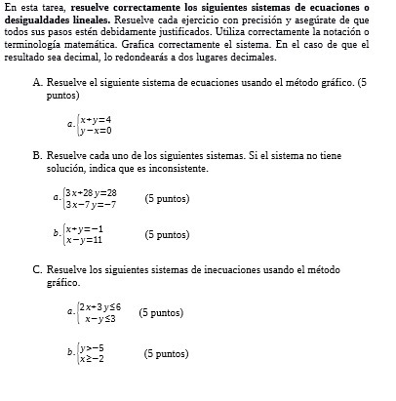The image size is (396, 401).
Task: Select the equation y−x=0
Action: (x=96, y=129)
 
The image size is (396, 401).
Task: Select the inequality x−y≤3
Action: (x=100, y=318)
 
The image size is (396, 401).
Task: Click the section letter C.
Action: (x=37, y=269)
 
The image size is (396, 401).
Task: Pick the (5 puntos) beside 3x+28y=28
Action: (x=167, y=198)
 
